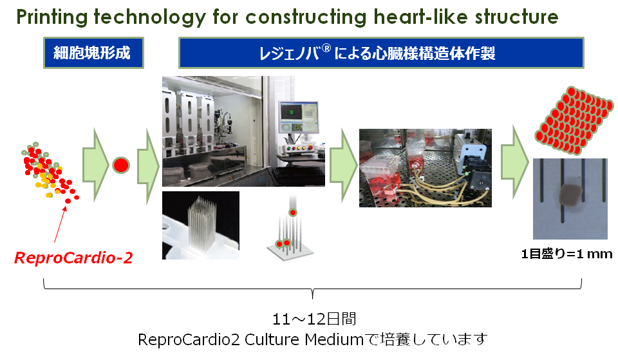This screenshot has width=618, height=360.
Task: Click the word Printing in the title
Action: coord(51,17)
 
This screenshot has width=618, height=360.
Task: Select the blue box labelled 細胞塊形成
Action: coord(93,53)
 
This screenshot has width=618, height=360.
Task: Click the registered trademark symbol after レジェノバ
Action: coord(326,48)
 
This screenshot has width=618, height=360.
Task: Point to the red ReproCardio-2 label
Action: coord(73,258)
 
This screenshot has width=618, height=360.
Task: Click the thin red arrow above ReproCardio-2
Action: coord(61,224)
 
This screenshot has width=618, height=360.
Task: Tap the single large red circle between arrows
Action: coord(121,166)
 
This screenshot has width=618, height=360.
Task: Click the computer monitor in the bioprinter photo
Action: coord(299,117)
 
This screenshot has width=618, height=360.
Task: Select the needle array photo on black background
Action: coord(201,225)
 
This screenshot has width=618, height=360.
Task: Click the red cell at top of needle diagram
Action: coord(292,213)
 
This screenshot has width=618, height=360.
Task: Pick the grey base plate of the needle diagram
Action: coord(290,250)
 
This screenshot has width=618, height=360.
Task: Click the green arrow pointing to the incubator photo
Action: coord(343,166)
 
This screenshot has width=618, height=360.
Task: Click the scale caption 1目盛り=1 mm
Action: coord(566,254)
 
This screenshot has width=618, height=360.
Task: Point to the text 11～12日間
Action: coord(314,319)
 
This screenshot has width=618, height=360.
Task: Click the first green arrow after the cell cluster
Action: coord(95,166)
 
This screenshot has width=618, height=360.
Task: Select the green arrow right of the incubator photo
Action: coord(514,162)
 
